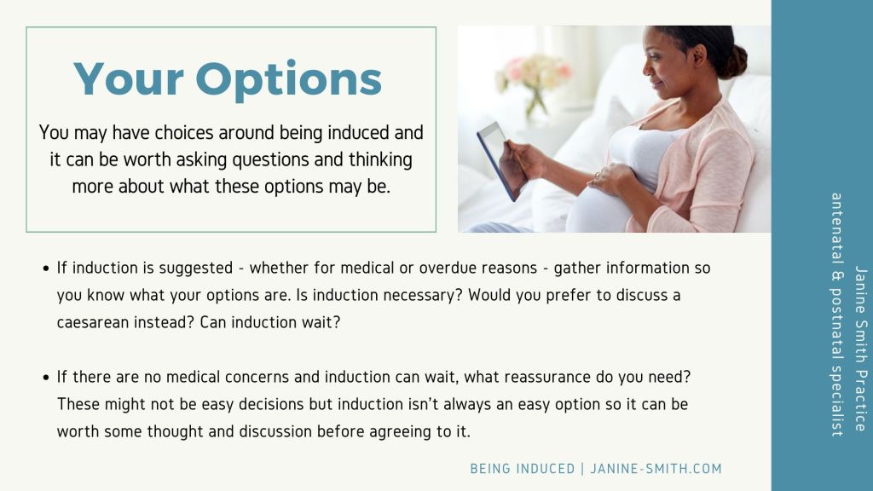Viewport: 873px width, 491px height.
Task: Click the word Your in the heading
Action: pyautogui.click(x=129, y=79)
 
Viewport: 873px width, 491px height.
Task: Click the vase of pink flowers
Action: pyautogui.click(x=535, y=84)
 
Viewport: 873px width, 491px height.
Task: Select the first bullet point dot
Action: pyautogui.click(x=46, y=269)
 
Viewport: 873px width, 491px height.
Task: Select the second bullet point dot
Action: pyautogui.click(x=46, y=378)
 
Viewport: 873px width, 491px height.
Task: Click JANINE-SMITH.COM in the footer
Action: pyautogui.click(x=656, y=469)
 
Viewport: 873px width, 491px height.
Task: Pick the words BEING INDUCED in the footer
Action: pyautogui.click(x=523, y=469)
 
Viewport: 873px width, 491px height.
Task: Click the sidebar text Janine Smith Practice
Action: pyautogui.click(x=860, y=349)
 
